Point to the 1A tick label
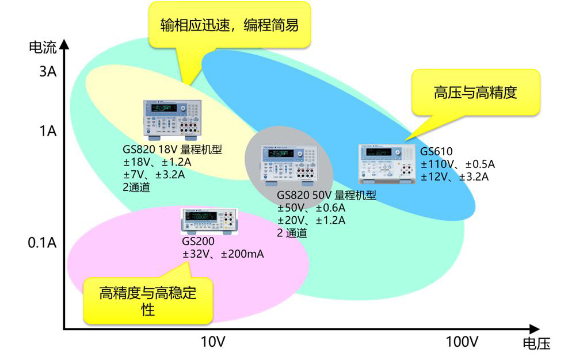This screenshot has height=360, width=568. click(48, 131)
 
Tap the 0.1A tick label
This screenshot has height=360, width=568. click(42, 243)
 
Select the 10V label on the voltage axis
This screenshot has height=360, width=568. click(213, 342)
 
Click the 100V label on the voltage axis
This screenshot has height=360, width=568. click(462, 342)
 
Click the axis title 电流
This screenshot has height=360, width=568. click(43, 47)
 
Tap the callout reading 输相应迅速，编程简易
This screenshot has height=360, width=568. click(230, 25)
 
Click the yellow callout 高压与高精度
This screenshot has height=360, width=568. click(475, 93)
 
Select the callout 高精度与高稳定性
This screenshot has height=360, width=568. click(148, 301)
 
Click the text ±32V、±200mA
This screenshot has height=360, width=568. click(223, 253)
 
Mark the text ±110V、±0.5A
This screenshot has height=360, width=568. click(458, 164)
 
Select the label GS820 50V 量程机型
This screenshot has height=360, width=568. click(327, 196)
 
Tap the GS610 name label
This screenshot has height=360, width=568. click(436, 152)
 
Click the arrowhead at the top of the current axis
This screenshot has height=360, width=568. click(64, 44)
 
